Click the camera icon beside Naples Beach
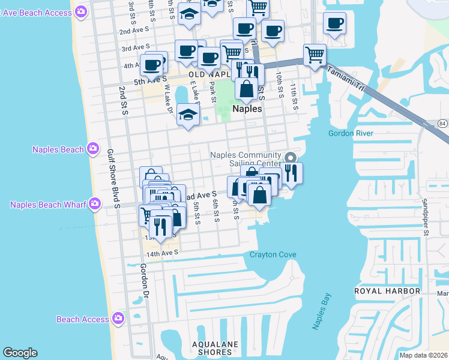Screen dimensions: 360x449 pyautogui.click(x=92, y=149)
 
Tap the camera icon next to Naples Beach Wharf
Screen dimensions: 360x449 pyautogui.click(x=94, y=205)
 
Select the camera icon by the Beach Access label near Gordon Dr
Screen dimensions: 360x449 pyautogui.click(x=118, y=319)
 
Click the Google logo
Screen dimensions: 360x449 pyautogui.click(x=20, y=353)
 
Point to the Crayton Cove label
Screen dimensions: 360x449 pyautogui.click(x=273, y=254)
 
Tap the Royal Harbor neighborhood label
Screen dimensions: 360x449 pyautogui.click(x=387, y=291)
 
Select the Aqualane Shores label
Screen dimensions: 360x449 pyautogui.click(x=214, y=348)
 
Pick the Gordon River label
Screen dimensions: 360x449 pyautogui.click(x=351, y=133)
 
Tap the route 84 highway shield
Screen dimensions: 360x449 pyautogui.click(x=442, y=124)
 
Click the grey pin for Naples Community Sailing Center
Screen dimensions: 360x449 pyautogui.click(x=291, y=158)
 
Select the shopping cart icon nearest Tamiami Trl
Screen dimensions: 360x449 pyautogui.click(x=315, y=55)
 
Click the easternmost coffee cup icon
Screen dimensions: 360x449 pyautogui.click(x=334, y=23)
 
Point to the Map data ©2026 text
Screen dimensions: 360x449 pyautogui.click(x=424, y=355)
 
